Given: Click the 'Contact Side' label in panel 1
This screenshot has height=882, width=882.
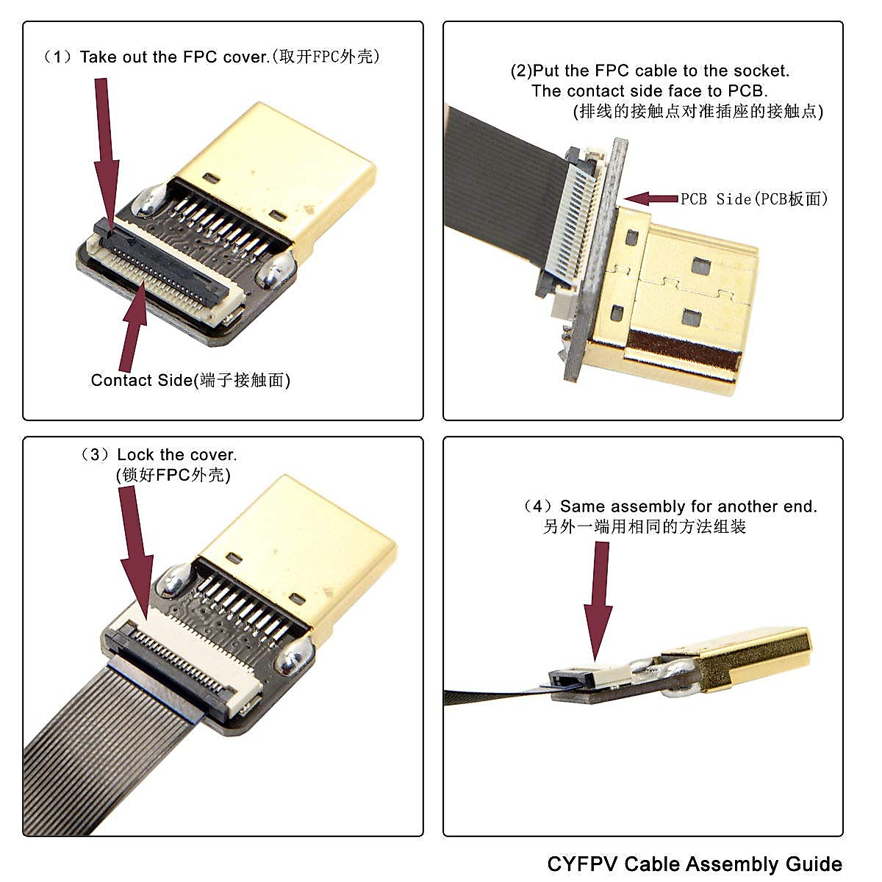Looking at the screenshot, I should (x=190, y=380).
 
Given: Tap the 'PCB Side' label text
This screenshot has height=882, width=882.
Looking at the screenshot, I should (x=754, y=198).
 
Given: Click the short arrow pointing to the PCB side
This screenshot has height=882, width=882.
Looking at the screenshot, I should (x=651, y=198).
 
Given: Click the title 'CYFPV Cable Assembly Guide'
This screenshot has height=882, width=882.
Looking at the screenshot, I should (x=695, y=863).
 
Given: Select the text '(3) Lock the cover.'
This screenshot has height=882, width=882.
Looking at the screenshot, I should (x=159, y=455).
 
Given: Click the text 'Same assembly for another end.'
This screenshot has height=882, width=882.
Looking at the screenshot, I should (x=688, y=506).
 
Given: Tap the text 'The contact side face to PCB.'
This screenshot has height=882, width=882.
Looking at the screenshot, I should (x=649, y=91).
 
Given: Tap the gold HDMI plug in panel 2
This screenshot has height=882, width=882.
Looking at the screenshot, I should (x=676, y=301).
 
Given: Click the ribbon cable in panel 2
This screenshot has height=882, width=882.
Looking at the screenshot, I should (x=500, y=184).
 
